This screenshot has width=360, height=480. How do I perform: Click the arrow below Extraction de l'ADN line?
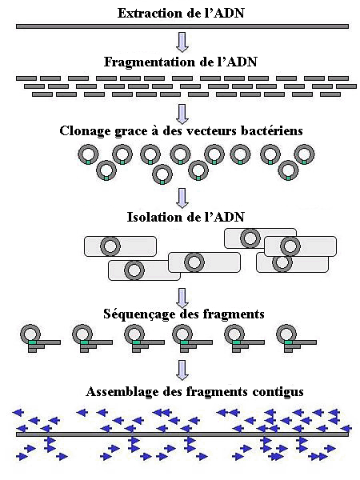click(182, 42)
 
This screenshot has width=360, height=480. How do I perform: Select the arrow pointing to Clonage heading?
click(182, 114)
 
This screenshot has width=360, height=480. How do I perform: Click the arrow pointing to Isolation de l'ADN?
click(182, 198)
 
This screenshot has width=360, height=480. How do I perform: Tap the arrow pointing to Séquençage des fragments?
click(182, 298)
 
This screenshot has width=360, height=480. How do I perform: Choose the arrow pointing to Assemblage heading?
click(182, 370)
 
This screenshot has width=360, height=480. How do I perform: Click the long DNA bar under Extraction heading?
click(182, 26)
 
